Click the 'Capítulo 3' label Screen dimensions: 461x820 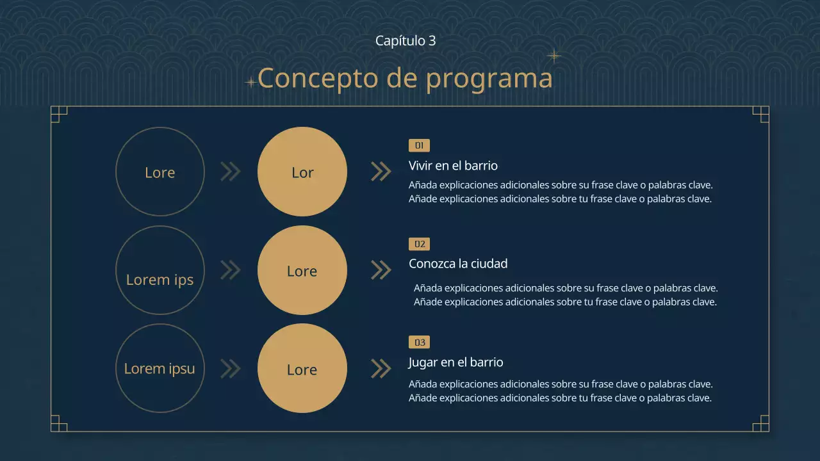click(406, 40)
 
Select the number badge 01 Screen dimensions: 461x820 click(419, 145)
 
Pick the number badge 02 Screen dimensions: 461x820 click(419, 244)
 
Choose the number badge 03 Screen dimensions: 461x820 click(419, 343)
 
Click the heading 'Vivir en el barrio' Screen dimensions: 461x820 click(453, 165)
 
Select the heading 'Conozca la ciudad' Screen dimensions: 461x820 click(458, 263)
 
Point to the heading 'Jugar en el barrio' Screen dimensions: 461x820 click(456, 362)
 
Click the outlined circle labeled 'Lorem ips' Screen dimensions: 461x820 click(160, 270)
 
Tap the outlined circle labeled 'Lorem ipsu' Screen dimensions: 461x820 click(160, 368)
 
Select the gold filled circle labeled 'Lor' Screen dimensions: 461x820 click(302, 172)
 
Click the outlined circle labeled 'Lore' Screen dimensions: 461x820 click(160, 172)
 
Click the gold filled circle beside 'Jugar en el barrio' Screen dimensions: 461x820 click(302, 368)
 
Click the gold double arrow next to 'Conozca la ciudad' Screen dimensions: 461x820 click(381, 270)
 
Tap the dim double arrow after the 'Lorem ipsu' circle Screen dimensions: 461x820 click(230, 368)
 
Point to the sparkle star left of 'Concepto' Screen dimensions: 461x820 click(250, 82)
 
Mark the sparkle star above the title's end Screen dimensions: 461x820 click(553, 56)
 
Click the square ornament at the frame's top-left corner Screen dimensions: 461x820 click(58, 114)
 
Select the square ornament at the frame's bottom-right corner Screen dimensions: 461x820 click(761, 424)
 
